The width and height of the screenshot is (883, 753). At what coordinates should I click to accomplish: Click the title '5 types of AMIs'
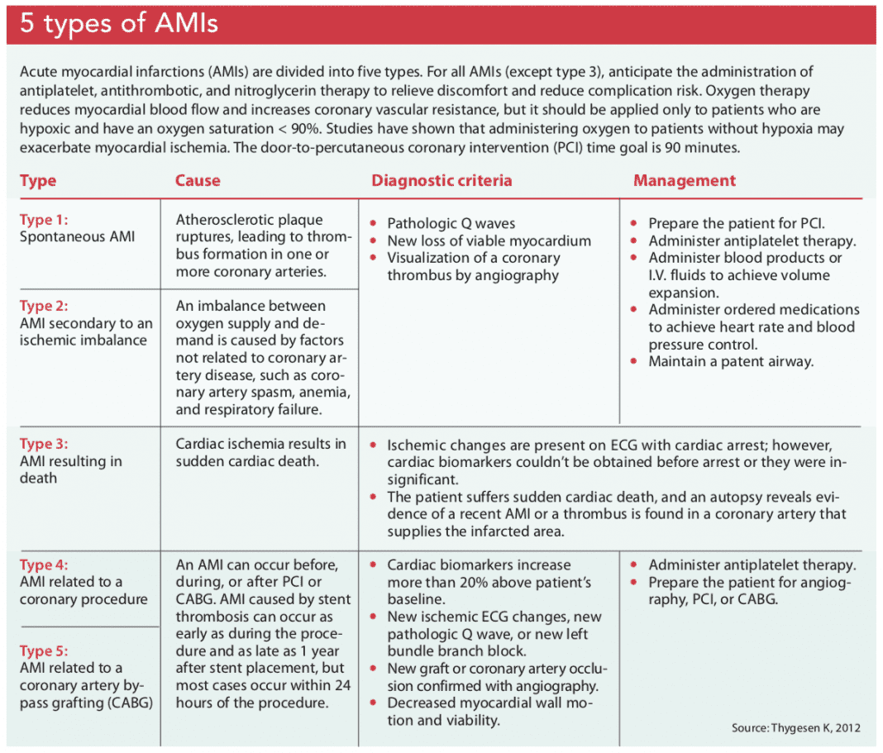119,23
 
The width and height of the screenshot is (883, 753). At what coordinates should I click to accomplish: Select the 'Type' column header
38,180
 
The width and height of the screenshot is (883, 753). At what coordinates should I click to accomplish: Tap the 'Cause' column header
198,180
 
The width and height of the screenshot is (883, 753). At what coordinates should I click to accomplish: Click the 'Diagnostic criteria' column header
441,180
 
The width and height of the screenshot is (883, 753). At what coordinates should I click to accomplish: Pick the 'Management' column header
684,180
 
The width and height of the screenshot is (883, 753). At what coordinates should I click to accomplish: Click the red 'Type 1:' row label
44,220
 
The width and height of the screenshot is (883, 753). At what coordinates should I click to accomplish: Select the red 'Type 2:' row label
44,306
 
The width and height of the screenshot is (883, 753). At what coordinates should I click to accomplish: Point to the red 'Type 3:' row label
44,444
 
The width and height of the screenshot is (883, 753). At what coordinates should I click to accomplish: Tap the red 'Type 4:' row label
44,565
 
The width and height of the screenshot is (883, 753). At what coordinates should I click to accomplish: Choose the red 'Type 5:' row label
44,651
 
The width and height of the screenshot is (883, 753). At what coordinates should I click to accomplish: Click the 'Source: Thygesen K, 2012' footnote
795,727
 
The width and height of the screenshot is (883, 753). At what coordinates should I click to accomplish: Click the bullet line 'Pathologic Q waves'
451,223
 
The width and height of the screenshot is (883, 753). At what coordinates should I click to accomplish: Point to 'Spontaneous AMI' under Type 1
77,237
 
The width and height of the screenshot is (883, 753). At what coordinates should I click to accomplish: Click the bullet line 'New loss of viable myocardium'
489,241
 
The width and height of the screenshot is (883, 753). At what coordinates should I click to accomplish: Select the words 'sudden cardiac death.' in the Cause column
246,461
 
